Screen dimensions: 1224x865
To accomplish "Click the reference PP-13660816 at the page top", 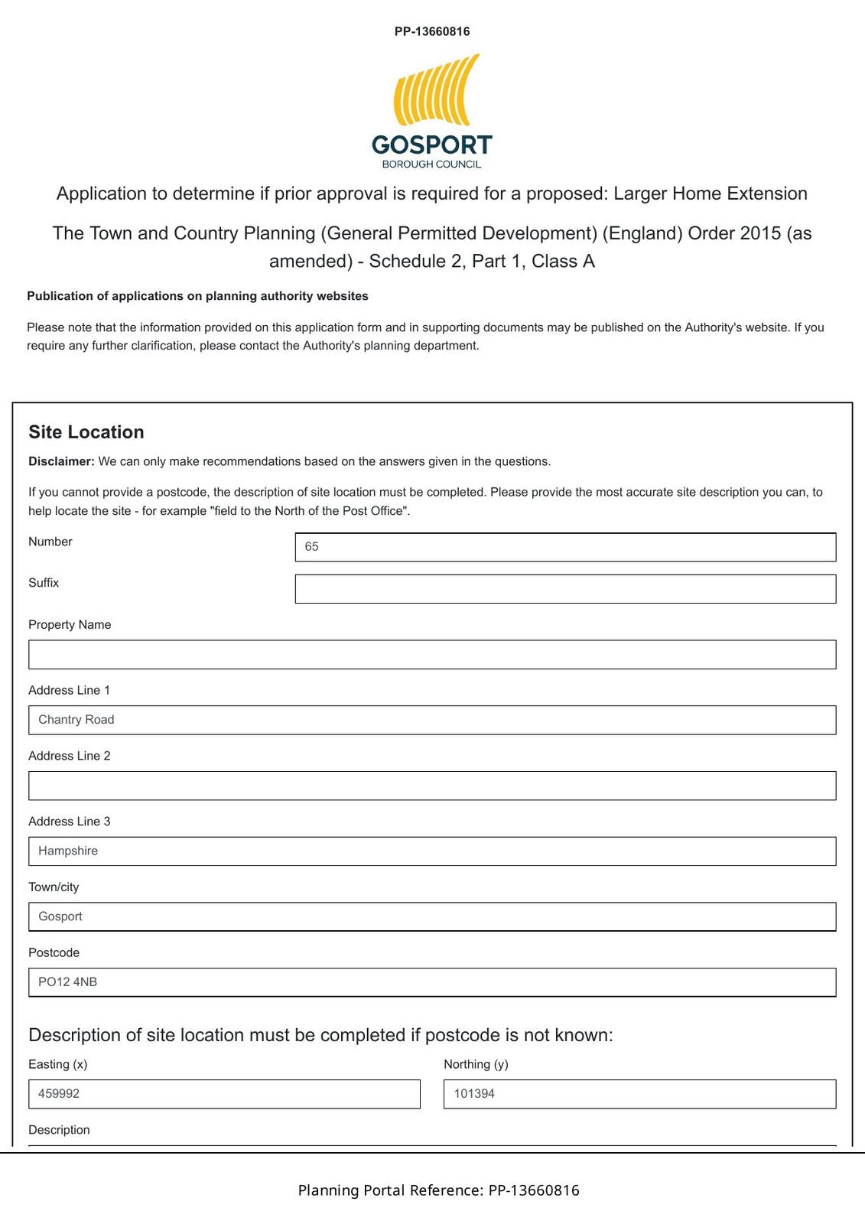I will (432, 31).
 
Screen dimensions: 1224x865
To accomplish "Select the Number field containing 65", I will (565, 547).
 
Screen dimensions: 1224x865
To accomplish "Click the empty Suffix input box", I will (565, 589).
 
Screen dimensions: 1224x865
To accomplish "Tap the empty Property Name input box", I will (432, 655).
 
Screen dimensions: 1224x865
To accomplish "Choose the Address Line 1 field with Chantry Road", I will (432, 720).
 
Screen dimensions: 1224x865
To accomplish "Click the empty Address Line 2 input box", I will (432, 786).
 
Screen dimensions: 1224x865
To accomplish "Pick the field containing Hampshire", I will (432, 851).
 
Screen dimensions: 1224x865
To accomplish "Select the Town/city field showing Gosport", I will (432, 916).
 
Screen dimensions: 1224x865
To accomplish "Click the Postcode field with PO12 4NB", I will (432, 982).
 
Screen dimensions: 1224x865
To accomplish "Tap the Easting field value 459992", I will (224, 1094).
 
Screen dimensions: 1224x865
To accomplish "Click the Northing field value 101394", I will (639, 1094).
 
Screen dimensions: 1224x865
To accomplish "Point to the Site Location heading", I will (86, 432).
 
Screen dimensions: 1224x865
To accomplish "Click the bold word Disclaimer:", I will (61, 461).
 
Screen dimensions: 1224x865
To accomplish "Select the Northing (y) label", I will (476, 1064).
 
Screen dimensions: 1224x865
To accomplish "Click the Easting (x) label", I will (58, 1064).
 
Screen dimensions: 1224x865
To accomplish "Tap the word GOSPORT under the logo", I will (432, 145).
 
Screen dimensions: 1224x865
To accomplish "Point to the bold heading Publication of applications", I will (197, 296).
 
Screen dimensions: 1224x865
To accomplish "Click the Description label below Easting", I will (59, 1130).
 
